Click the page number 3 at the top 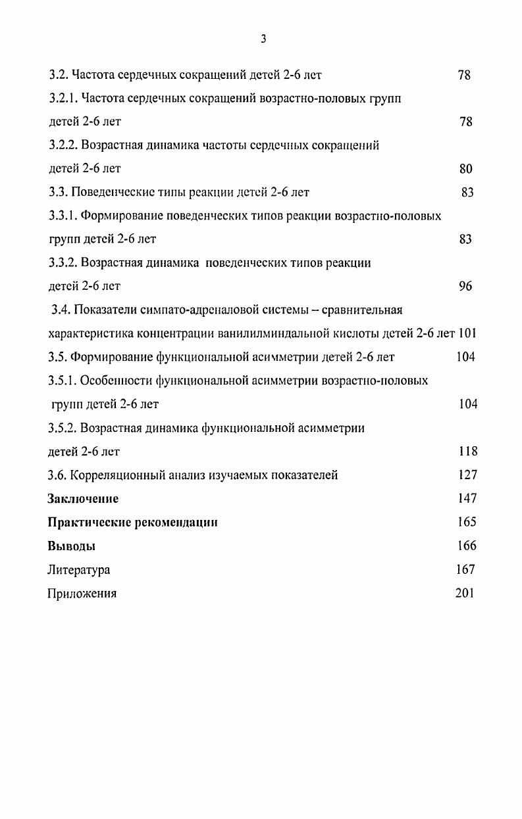(263, 39)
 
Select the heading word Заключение (83, 499)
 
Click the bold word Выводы (72, 546)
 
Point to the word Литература (78, 570)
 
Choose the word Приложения (82, 594)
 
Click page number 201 (464, 594)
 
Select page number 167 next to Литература (465, 570)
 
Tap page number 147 (467, 499)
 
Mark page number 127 (467, 475)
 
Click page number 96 (465, 287)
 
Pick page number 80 (465, 169)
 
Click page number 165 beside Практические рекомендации (467, 523)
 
